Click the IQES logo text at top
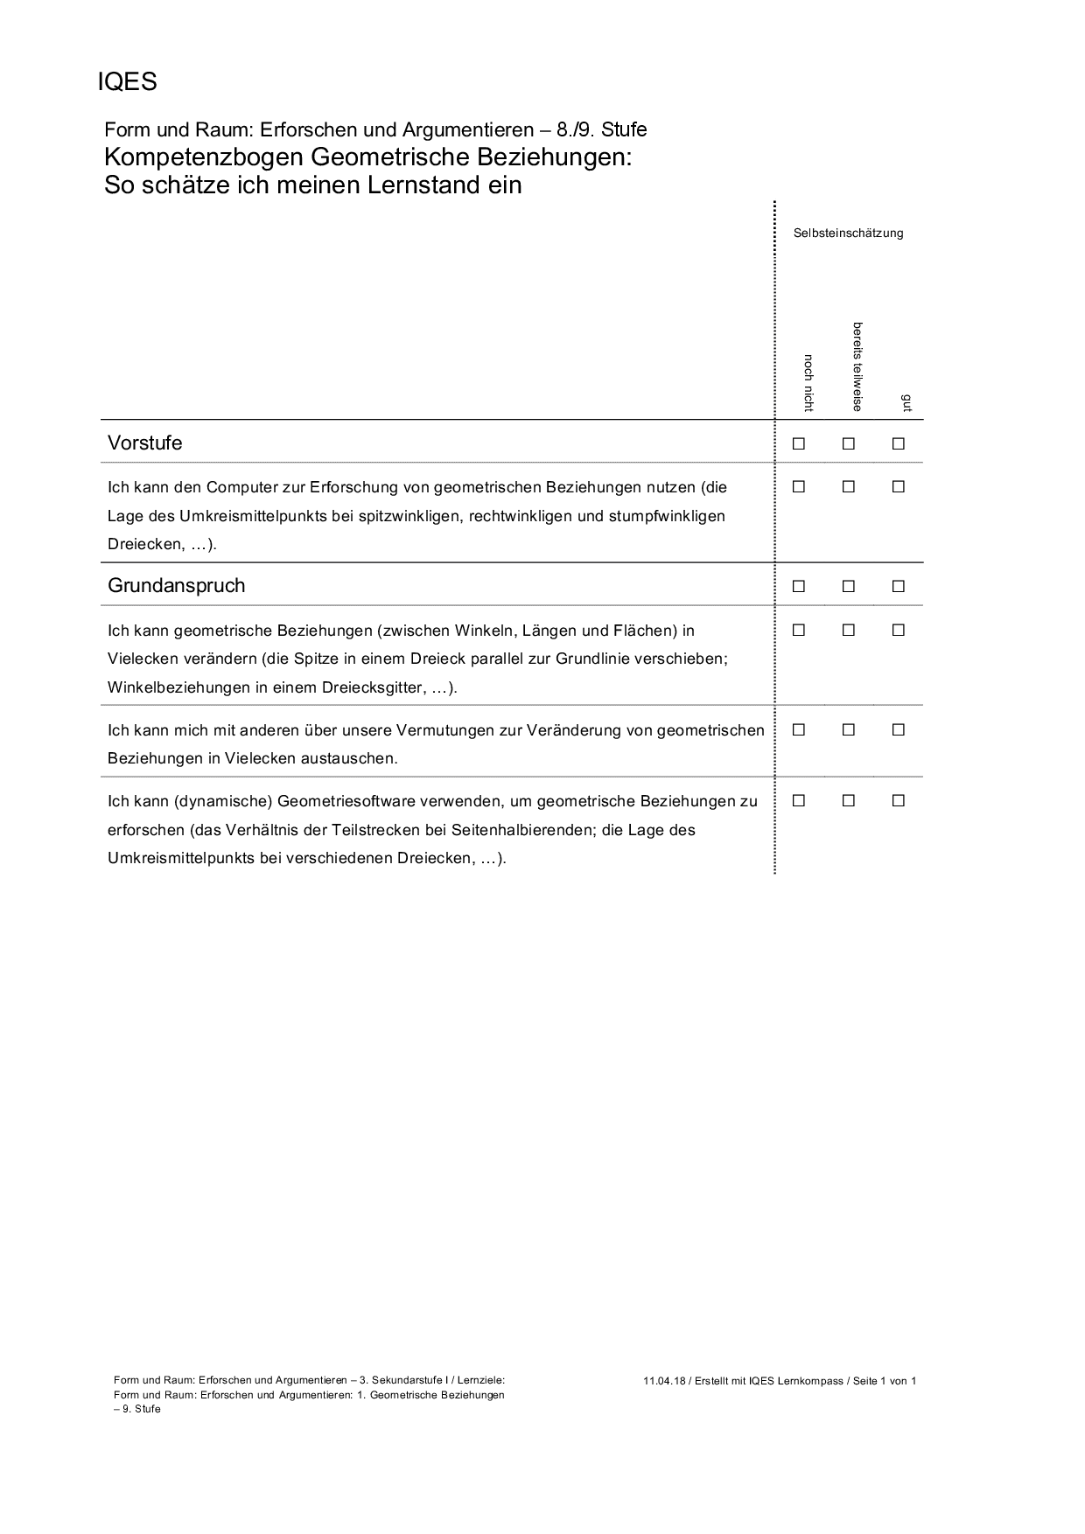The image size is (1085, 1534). (127, 81)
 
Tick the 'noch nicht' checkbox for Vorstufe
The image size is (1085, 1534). (799, 443)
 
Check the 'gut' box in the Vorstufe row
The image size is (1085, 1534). (898, 443)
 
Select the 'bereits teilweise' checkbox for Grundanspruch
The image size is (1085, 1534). (848, 587)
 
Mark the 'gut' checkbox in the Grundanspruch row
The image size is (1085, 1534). (898, 587)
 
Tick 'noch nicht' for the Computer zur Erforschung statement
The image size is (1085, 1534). (799, 487)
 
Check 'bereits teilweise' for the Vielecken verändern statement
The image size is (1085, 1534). (848, 630)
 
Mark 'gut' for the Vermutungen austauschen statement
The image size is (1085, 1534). (898, 729)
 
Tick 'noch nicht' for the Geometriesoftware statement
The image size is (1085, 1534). (799, 800)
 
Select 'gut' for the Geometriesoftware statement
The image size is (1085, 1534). (898, 800)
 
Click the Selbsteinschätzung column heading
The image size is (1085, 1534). (848, 234)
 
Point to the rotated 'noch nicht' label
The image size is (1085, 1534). (808, 383)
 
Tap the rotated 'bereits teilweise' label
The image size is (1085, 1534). (857, 366)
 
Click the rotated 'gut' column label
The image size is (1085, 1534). (907, 402)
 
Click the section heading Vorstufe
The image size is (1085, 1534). (145, 443)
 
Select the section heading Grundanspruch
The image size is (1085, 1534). (176, 586)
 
